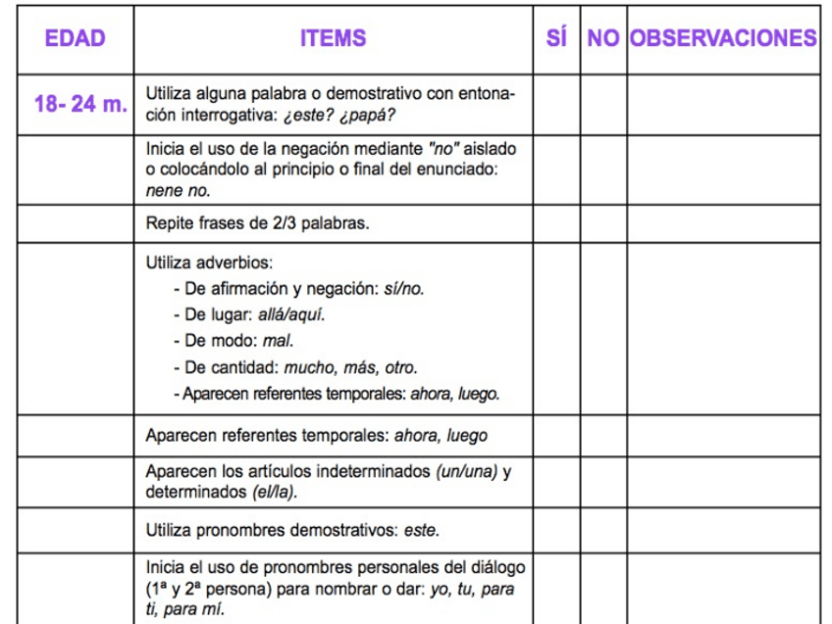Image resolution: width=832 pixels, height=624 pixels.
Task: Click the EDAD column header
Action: tap(75, 39)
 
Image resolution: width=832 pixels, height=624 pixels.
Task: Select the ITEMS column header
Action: tap(334, 39)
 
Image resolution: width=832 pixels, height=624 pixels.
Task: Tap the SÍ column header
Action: tap(556, 39)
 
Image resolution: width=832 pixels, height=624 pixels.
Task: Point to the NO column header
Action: tap(602, 39)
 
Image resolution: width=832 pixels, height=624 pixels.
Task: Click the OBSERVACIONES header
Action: tap(724, 39)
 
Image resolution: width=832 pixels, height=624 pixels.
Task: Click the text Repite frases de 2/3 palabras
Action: tap(257, 224)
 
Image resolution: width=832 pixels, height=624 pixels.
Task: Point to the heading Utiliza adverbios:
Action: tap(209, 263)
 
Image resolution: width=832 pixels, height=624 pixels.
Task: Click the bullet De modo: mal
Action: tap(234, 341)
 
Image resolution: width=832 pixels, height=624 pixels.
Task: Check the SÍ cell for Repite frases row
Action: tap(556, 224)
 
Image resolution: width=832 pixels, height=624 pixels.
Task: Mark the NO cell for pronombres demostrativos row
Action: tap(602, 531)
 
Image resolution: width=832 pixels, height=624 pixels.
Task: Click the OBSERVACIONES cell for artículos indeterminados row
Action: tap(724, 481)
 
